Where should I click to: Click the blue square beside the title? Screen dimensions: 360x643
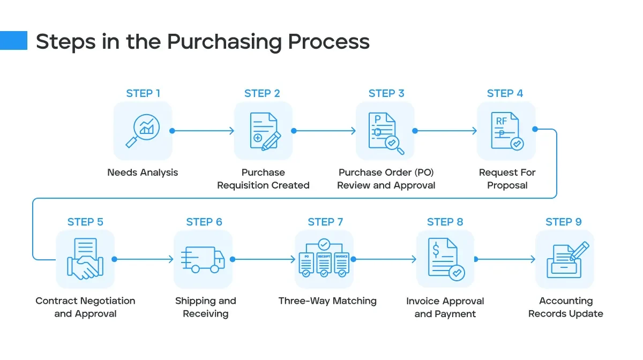13,40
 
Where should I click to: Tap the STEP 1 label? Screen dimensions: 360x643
143,93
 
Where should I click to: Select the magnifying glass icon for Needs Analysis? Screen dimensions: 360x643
143,131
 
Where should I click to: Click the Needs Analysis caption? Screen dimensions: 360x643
143,172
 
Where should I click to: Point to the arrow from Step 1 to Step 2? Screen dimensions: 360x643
204,131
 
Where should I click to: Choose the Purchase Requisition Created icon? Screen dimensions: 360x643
264,131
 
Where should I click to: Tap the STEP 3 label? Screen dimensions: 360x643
386,93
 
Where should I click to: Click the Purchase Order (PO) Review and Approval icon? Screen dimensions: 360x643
386,131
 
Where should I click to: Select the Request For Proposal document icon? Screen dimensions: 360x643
506,131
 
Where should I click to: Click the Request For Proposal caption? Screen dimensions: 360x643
507,179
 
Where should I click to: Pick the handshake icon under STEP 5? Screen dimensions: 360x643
85,260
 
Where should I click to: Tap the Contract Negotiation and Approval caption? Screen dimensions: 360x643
85,307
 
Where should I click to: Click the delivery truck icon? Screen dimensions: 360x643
203,260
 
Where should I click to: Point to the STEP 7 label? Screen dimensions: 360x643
325,222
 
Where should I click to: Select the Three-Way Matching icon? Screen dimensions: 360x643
324,260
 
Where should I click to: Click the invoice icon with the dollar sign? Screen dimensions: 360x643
445,260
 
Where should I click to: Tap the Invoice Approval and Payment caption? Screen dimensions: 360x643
445,307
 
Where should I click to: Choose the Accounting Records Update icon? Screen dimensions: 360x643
565,260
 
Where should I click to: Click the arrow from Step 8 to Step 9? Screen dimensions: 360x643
506,259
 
